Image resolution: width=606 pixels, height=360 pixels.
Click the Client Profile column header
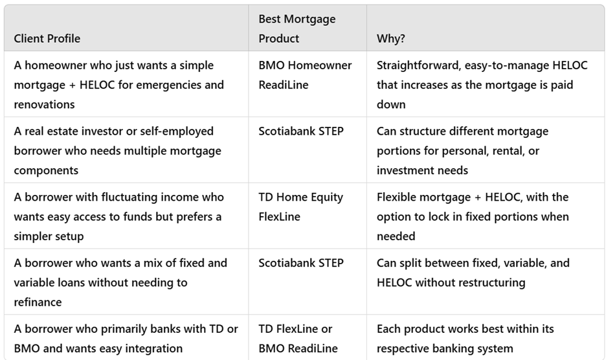click(x=47, y=39)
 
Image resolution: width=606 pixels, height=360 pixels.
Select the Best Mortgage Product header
click(x=297, y=28)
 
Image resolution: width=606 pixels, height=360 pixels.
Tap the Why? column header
click(x=391, y=39)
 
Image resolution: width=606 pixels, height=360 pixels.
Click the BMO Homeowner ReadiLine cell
click(x=305, y=75)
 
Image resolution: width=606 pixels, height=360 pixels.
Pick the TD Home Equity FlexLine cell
click(x=300, y=207)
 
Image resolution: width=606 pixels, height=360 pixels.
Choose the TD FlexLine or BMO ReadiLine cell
click(x=298, y=339)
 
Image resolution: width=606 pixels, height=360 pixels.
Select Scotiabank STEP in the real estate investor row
click(x=301, y=131)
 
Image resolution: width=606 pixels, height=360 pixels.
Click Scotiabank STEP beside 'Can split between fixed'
click(x=301, y=263)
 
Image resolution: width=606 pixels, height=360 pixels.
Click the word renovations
click(x=45, y=104)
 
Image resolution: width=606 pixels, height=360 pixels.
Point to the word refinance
click(x=38, y=302)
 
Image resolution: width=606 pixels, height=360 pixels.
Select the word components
click(x=46, y=170)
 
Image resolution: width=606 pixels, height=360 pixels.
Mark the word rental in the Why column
click(x=508, y=151)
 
